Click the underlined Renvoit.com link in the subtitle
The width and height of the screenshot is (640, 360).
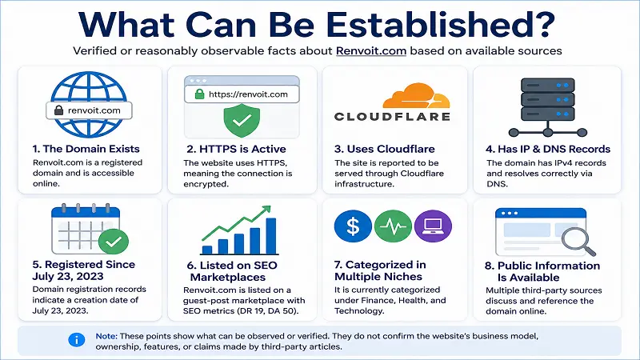tap(371, 51)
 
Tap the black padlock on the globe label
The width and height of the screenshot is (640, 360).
tap(58, 110)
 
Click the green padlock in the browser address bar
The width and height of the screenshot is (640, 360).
tap(199, 94)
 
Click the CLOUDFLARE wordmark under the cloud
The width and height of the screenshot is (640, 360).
tap(392, 117)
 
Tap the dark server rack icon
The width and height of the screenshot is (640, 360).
tap(548, 107)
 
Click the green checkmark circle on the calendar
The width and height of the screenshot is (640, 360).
tap(114, 242)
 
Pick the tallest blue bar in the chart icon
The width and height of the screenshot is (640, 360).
tap(271, 236)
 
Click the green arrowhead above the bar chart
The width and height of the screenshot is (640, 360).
tap(266, 210)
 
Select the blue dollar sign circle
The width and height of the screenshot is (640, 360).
tap(353, 226)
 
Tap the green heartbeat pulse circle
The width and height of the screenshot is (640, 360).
tap(393, 226)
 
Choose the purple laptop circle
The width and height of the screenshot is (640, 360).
tap(433, 226)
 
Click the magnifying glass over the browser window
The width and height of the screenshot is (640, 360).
tap(578, 241)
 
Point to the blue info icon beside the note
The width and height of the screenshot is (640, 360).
tap(76, 339)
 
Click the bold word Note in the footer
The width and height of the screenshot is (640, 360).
tap(106, 336)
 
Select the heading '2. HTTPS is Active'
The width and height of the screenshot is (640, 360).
tap(236, 149)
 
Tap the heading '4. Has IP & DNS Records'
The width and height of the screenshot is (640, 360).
tap(548, 149)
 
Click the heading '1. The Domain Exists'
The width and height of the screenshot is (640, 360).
tap(86, 149)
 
